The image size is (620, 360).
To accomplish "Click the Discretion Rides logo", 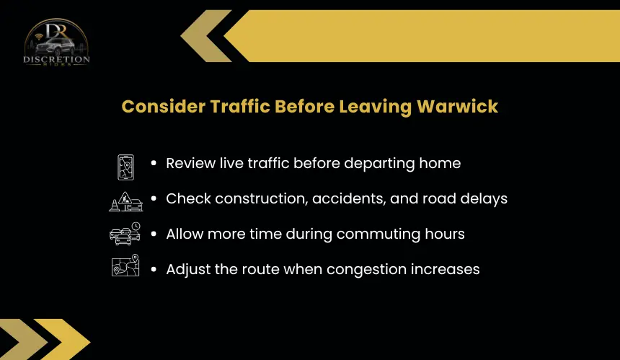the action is tap(56, 42).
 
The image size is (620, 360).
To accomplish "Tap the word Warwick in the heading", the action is tap(458, 107).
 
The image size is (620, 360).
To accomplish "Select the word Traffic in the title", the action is tap(239, 107).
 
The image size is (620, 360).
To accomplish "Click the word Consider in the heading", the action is tap(164, 107).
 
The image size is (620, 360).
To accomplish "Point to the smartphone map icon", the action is tap(125, 167).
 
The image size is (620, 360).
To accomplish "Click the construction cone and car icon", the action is tap(125, 201).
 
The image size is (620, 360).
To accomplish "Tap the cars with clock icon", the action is tap(125, 234).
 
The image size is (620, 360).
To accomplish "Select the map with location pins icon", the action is tap(125, 265).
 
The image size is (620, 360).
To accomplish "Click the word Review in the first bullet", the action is tap(190, 163).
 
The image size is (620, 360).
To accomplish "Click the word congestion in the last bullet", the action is tap(366, 269).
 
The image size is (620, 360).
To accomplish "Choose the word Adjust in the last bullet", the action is tap(188, 269).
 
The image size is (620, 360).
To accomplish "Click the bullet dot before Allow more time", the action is tap(154, 234).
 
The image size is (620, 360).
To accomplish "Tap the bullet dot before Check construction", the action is tap(154, 198).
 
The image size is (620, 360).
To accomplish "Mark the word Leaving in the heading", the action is tap(375, 107).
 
